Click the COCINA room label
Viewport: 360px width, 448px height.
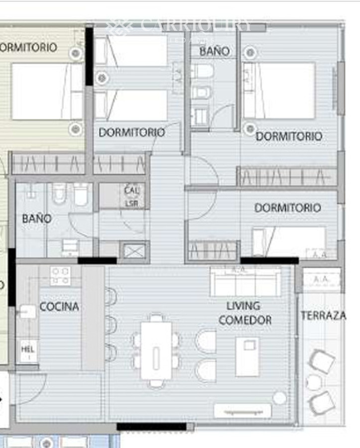pos(59,307)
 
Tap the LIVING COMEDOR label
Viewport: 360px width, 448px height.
pos(244,313)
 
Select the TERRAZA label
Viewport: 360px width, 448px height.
pos(323,316)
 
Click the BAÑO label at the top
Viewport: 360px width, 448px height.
pos(215,51)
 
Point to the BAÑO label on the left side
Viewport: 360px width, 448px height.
pos(36,219)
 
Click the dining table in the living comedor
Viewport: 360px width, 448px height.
pos(156,351)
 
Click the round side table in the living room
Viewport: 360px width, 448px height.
pos(280,398)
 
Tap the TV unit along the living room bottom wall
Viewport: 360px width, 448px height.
pos(242,411)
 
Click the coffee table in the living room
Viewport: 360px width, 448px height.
pos(247,356)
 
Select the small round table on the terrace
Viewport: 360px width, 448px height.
pos(314,382)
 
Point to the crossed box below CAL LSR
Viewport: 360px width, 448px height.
pos(133,251)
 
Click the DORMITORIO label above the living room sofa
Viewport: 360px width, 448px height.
pos(287,208)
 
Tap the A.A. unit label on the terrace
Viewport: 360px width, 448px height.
pos(321,280)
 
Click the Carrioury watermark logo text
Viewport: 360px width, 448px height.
pos(195,26)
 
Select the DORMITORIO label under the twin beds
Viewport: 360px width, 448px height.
pos(131,133)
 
